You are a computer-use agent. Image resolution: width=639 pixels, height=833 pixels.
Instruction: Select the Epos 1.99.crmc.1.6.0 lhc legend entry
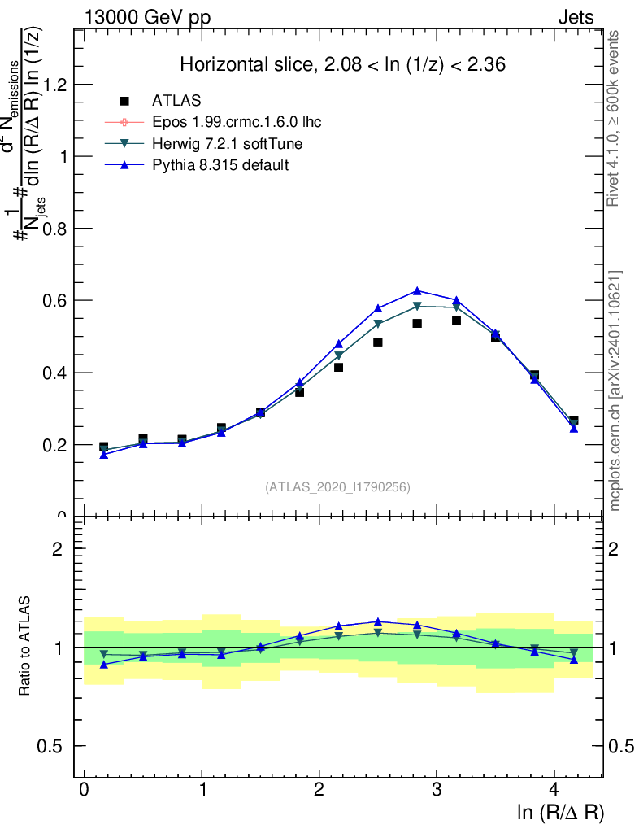(x=237, y=123)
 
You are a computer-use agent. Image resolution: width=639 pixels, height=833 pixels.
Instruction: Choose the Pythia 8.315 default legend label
(x=220, y=165)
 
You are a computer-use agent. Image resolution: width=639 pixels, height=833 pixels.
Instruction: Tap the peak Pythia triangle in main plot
(x=417, y=290)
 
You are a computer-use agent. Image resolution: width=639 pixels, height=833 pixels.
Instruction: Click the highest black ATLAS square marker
(x=456, y=320)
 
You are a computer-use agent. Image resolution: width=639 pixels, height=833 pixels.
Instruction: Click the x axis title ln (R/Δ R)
(x=561, y=813)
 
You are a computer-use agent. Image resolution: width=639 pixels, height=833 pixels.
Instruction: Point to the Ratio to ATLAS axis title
(x=25, y=646)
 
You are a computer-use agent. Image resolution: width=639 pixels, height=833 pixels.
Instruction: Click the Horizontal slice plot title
(x=342, y=65)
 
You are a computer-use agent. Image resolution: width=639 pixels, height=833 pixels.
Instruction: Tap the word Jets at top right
(x=576, y=17)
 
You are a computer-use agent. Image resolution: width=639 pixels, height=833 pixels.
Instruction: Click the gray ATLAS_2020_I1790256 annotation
(x=337, y=487)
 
